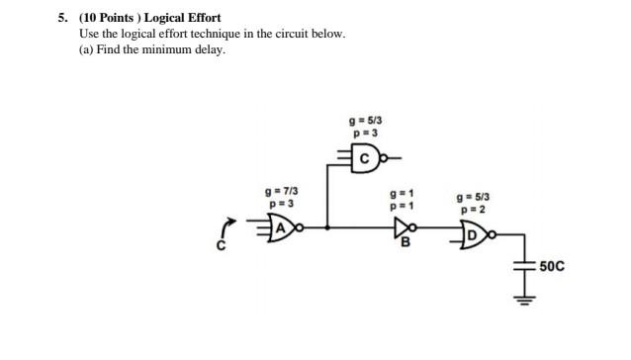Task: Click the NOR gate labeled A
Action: (284, 227)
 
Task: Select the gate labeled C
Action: (364, 156)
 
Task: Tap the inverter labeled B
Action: (402, 227)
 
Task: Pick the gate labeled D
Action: (474, 233)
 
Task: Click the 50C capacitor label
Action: (553, 266)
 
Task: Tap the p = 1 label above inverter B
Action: (403, 206)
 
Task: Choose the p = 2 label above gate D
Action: (471, 210)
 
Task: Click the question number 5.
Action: (61, 18)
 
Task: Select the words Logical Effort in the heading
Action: (183, 18)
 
